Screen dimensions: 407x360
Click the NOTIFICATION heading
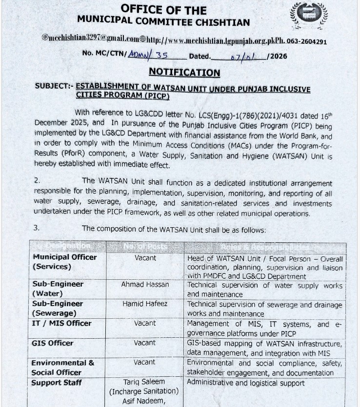(x=184, y=73)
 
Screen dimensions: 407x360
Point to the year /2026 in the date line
(x=277, y=56)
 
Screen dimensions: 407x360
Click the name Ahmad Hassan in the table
(x=145, y=284)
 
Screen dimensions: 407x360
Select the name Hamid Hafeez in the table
(x=145, y=304)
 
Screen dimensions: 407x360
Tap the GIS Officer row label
(x=52, y=343)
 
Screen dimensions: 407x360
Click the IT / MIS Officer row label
(x=61, y=323)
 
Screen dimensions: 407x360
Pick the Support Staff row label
(x=57, y=383)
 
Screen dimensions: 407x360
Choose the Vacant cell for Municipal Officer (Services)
(x=145, y=257)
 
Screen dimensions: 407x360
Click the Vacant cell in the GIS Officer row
(x=145, y=343)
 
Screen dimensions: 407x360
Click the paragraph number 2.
(x=37, y=180)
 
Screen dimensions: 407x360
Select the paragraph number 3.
(x=37, y=228)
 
